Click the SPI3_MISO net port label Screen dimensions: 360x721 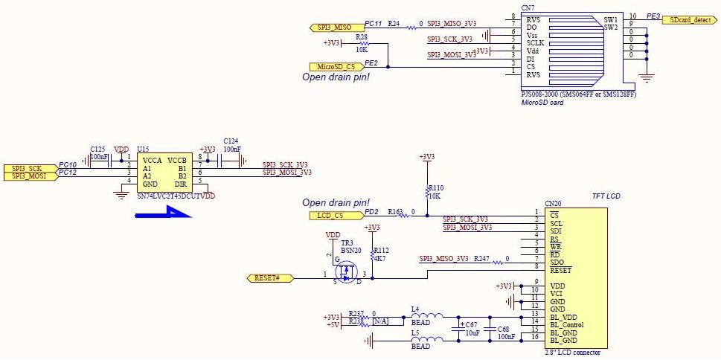[333, 28]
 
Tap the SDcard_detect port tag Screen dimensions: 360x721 [690, 19]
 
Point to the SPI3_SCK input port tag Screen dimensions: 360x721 [28, 168]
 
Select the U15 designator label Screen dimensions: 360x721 [143, 150]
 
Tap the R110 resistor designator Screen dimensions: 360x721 [437, 188]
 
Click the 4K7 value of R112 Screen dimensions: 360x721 [382, 260]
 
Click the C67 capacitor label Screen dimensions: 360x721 [471, 325]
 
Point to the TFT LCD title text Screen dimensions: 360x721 [606, 196]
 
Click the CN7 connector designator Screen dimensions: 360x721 [528, 8]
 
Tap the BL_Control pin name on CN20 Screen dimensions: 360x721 [566, 325]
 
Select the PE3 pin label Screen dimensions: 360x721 [653, 16]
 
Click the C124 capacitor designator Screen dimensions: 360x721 [231, 141]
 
